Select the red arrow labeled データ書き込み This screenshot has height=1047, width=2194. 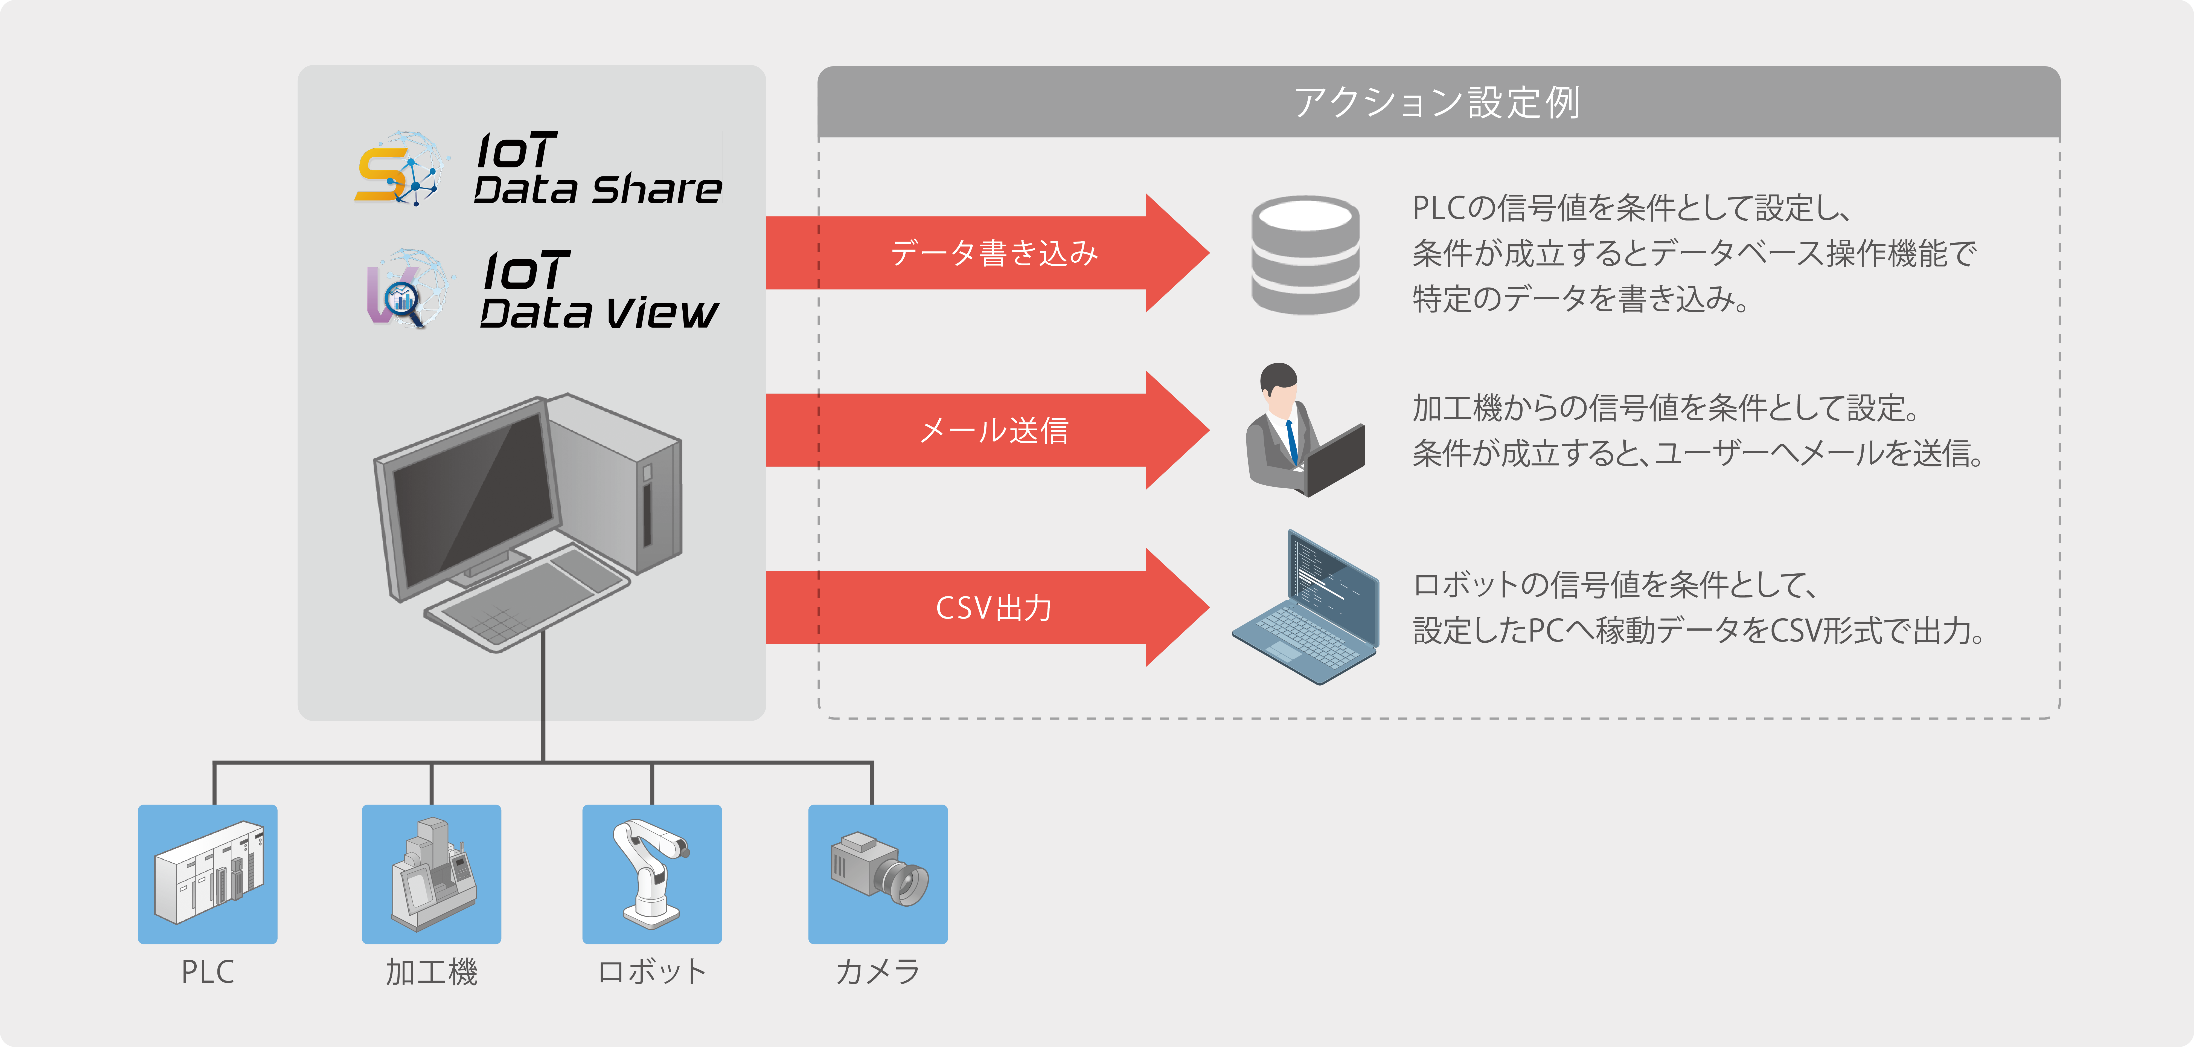point(988,253)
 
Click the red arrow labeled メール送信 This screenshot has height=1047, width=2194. point(988,430)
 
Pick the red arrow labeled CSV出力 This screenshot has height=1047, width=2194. point(988,607)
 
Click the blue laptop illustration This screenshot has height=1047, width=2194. point(1306,607)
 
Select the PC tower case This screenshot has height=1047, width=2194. point(615,481)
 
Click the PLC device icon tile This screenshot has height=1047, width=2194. point(208,874)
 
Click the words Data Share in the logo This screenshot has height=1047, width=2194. point(598,189)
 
